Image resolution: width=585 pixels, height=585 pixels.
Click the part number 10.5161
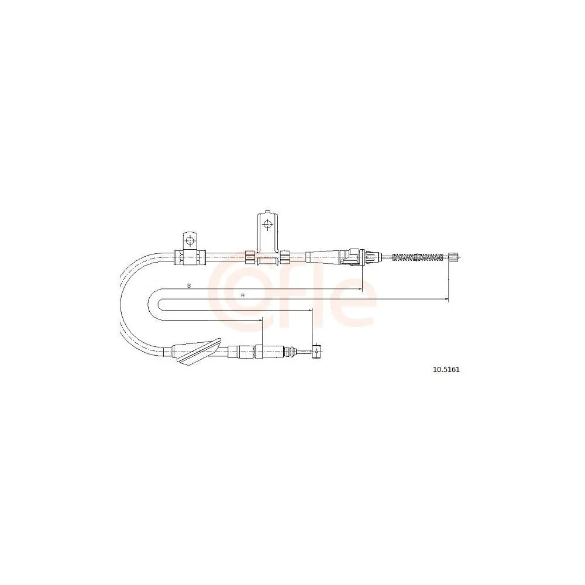coord(446,370)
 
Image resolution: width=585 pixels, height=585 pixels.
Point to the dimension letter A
coord(243,295)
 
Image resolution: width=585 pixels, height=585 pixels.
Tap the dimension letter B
coord(189,285)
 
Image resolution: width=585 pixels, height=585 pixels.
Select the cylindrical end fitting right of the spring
coord(454,257)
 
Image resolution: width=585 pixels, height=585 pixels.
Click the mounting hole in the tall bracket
coord(267,224)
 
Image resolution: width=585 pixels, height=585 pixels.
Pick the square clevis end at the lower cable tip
coord(316,351)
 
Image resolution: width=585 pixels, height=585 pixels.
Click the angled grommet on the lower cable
coord(197,352)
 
